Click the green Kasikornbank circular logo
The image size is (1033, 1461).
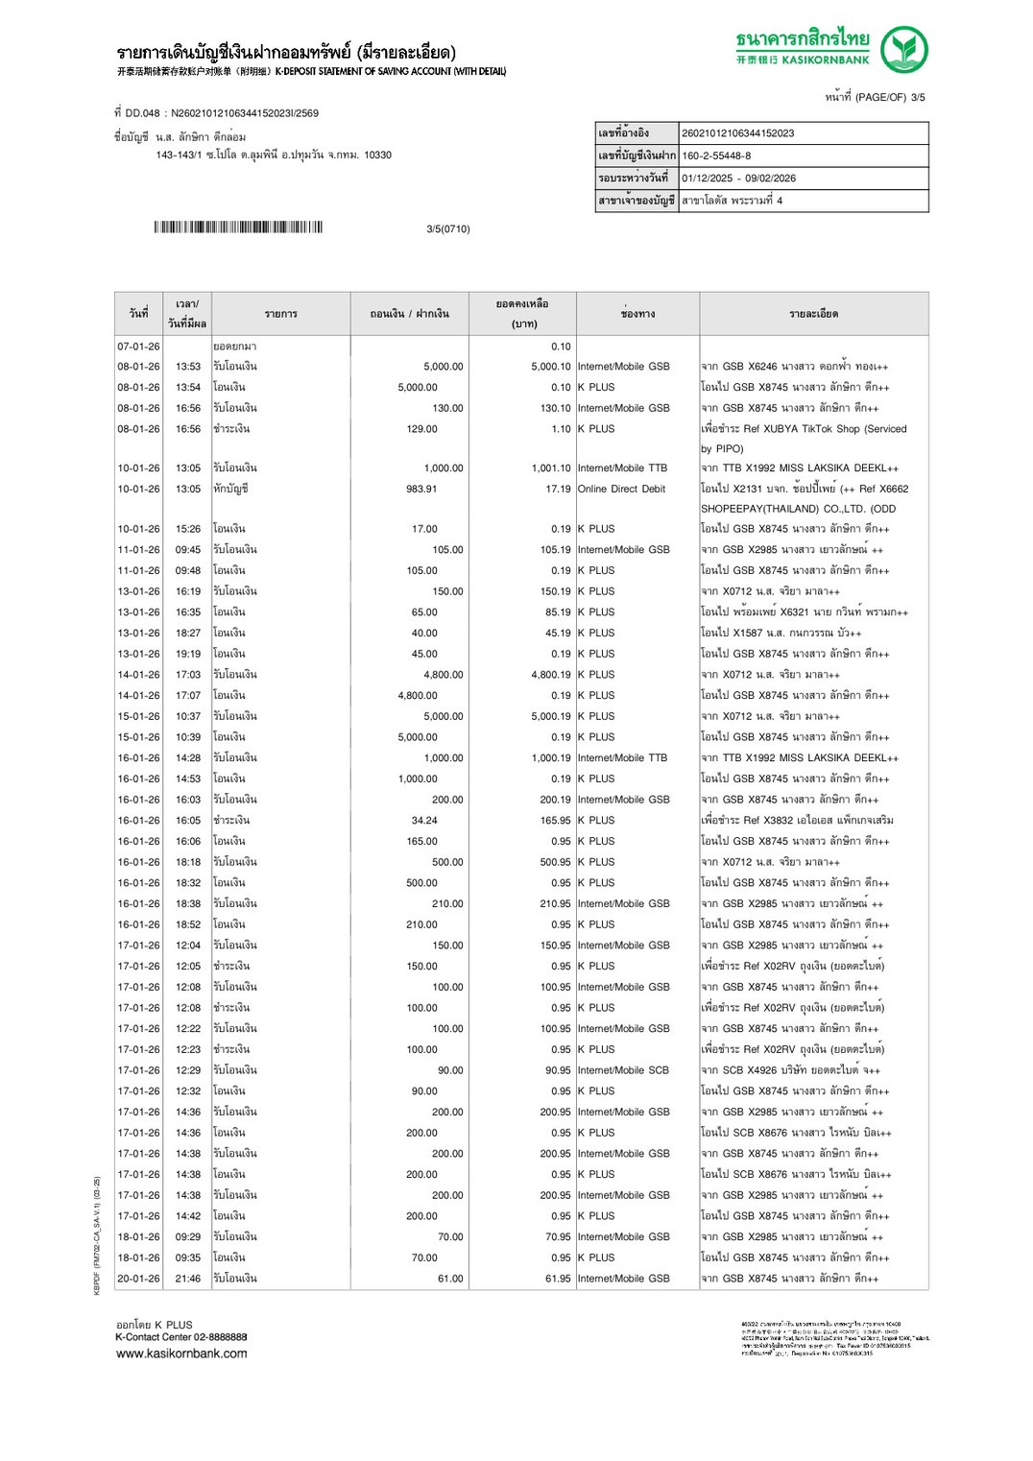(903, 50)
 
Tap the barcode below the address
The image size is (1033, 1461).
(238, 228)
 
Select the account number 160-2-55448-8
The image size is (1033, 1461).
(716, 156)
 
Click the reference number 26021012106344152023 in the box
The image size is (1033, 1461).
(737, 133)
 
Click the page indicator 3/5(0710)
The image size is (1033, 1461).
(448, 228)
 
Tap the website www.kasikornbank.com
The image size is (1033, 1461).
(181, 1353)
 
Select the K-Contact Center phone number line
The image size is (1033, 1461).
(181, 1337)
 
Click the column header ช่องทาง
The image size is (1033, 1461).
(637, 314)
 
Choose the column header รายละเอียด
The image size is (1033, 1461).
(813, 314)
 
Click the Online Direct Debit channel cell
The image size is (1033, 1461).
(621, 489)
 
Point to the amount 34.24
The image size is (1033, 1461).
(424, 821)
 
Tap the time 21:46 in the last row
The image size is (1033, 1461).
(188, 1279)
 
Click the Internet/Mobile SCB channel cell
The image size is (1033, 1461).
(623, 1070)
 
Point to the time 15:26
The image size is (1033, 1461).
(188, 529)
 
